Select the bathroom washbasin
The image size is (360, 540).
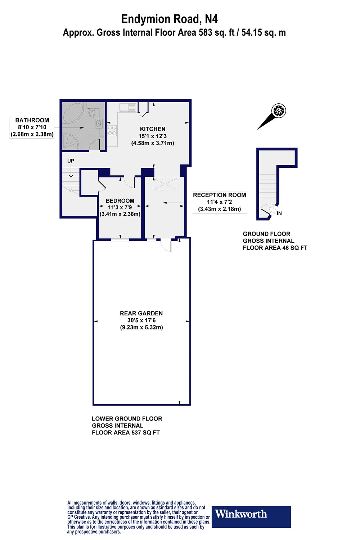[x=98, y=124]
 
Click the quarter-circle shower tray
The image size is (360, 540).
[x=71, y=141]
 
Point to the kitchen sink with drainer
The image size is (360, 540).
[x=128, y=107]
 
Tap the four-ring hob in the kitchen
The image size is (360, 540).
[x=112, y=130]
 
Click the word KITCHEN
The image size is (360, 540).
[x=153, y=129]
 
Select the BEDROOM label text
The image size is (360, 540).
[x=120, y=201]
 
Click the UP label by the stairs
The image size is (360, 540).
[x=71, y=161]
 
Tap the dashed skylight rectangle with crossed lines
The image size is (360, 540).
[x=165, y=184]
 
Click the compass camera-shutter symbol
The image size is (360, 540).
[x=279, y=111]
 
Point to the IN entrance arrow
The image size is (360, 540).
[x=273, y=211]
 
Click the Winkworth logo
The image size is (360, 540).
[x=251, y=517]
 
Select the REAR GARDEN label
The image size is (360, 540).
[x=141, y=313]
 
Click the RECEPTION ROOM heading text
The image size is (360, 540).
[x=220, y=195]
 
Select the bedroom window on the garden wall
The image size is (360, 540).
[x=120, y=239]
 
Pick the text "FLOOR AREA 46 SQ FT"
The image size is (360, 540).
[x=275, y=248]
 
